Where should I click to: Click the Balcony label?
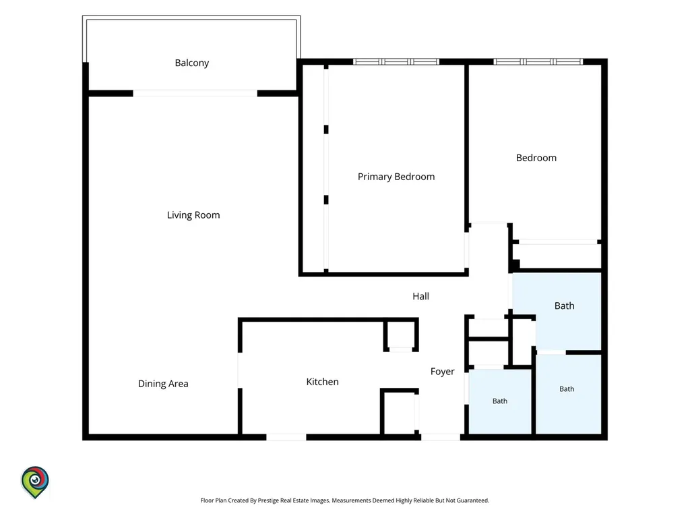coord(192,63)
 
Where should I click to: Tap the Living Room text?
coord(193,215)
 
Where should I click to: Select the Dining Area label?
coord(163,384)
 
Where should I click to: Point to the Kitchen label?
coord(323,382)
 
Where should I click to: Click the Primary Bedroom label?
coord(396,177)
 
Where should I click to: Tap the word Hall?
coord(420,297)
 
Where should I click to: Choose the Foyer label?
coord(442,372)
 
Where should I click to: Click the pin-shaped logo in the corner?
coord(35,482)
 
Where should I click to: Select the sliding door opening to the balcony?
coord(195,93)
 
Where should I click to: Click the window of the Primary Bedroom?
coord(396,61)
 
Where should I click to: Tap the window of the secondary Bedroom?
coord(538,61)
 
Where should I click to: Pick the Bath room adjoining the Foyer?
coord(499,401)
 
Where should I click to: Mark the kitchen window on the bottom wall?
coord(286,437)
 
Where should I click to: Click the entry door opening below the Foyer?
coord(441,437)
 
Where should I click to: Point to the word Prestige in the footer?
coord(268,500)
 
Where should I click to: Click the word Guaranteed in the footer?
coord(472,500)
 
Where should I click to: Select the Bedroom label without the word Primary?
coord(536,158)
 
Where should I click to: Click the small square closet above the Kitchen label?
coord(400,335)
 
